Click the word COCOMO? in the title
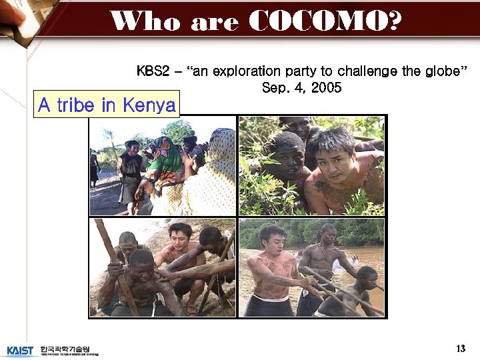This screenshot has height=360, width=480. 326,22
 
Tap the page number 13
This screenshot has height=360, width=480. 461,349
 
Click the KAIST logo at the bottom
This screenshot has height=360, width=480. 19,350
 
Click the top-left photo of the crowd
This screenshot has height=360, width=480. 163,165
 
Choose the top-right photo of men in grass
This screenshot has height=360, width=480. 311,165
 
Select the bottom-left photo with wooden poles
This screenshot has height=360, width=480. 163,267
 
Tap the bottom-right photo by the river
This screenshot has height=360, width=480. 311,267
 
